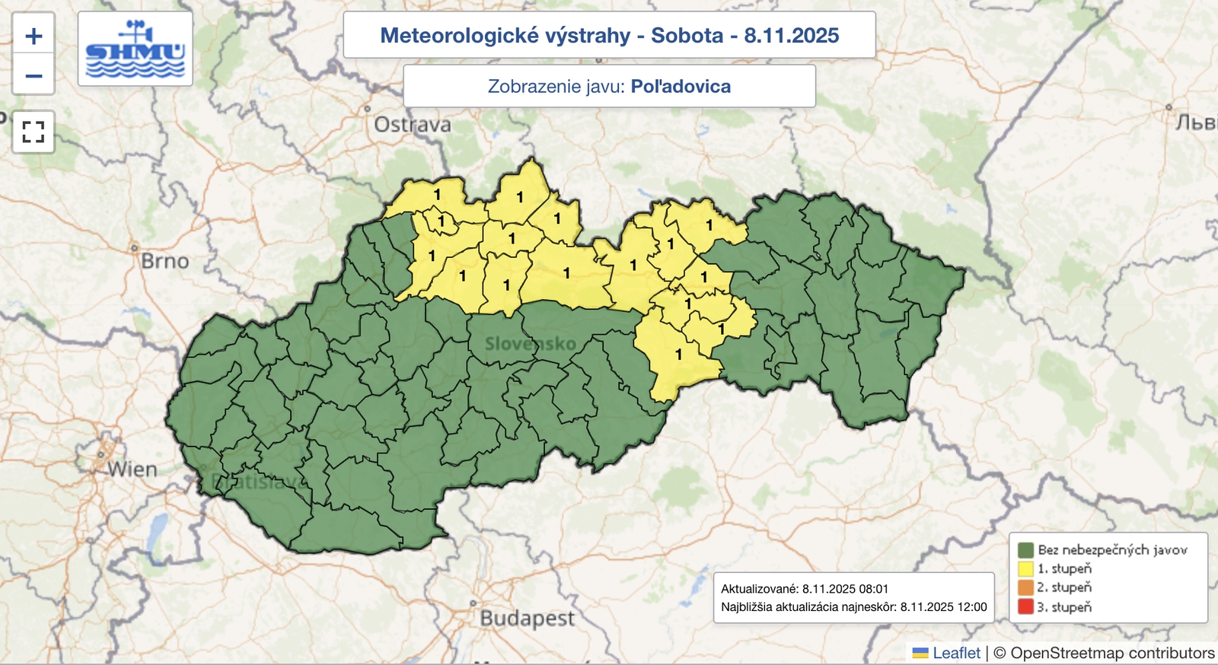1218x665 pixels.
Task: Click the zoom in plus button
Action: click(33, 36)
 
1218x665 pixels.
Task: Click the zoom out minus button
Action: click(33, 75)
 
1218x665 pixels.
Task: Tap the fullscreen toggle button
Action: click(33, 132)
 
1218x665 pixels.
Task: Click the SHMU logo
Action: click(135, 49)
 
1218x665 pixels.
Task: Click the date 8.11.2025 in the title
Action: click(791, 36)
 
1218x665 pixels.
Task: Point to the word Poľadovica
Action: click(681, 87)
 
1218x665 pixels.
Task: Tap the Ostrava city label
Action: click(412, 125)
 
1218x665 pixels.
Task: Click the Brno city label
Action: click(164, 261)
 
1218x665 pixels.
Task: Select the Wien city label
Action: click(132, 469)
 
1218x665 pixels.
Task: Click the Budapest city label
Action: click(527, 618)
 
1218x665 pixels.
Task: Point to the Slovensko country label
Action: click(531, 344)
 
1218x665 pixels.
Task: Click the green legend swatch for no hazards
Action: click(1025, 549)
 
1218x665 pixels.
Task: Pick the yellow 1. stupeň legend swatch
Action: click(1025, 568)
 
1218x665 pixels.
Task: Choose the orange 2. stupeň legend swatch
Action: click(1025, 587)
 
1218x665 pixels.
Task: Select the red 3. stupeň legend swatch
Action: click(1025, 607)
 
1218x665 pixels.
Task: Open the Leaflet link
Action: click(956, 653)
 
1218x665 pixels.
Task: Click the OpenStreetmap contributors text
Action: click(1112, 653)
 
